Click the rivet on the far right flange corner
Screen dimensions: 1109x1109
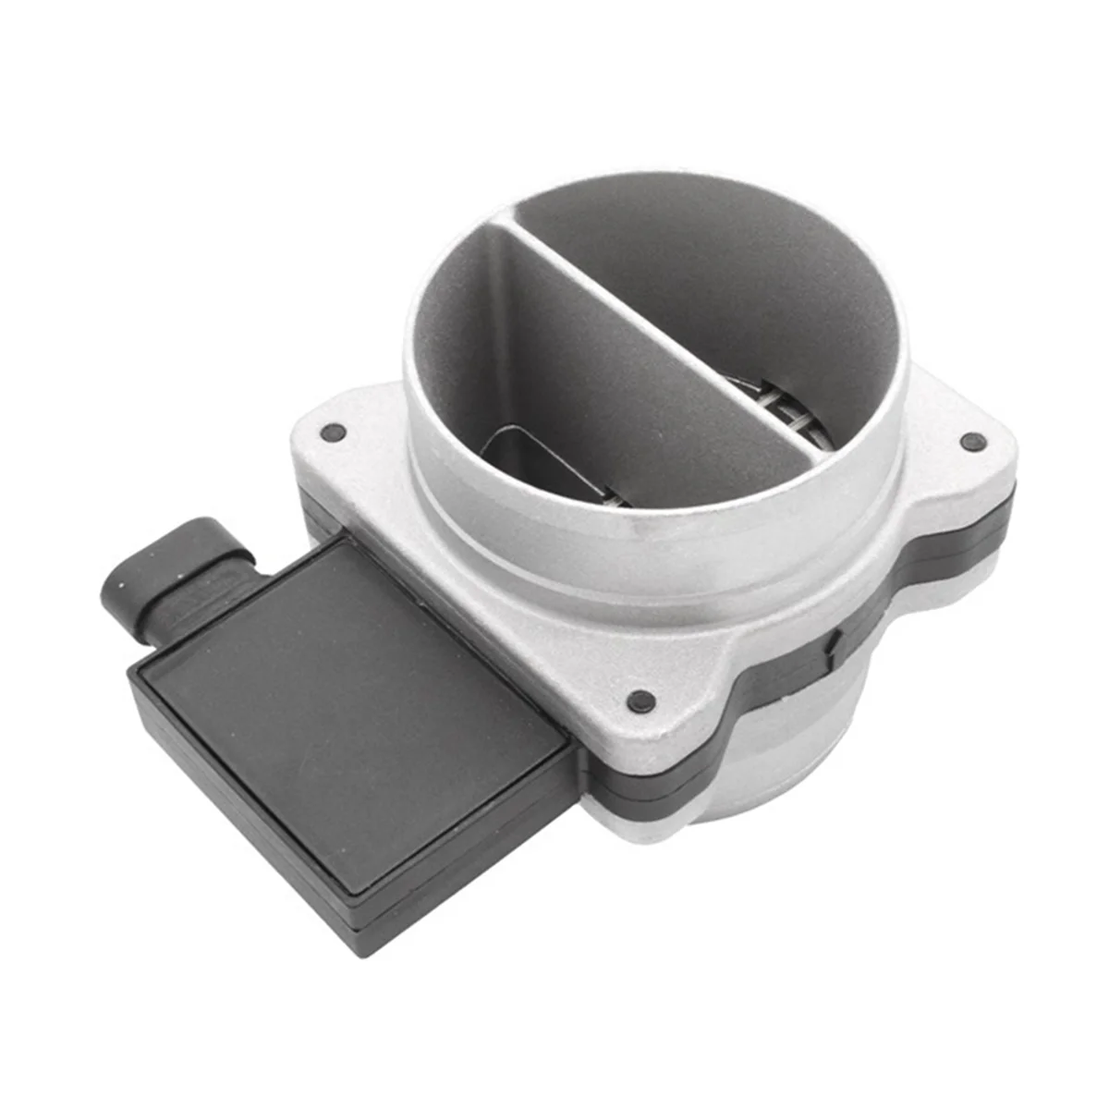click(969, 442)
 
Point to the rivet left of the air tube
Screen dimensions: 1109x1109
click(331, 432)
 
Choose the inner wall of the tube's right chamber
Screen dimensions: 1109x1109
click(739, 277)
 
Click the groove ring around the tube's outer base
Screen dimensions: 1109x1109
click(647, 573)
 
